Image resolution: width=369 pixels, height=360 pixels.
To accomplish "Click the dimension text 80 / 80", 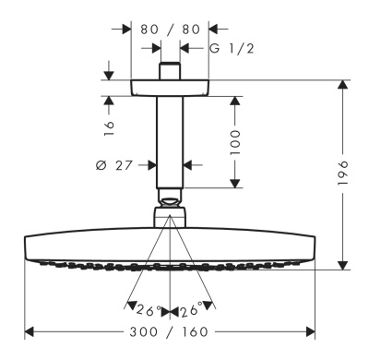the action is tap(170, 30).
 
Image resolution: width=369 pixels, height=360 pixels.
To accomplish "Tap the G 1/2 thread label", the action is tap(232, 48).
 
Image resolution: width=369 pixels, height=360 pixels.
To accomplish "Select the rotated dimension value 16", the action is tap(109, 128).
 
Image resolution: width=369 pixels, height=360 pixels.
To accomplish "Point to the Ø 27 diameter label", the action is tap(113, 165).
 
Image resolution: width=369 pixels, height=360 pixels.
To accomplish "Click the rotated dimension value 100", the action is tap(235, 142).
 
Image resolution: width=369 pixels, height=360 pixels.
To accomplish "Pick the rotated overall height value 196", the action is tap(342, 173).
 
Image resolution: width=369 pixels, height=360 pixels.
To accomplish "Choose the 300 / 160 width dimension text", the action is tap(169, 331).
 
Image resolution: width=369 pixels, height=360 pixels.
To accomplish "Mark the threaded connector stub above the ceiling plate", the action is tap(170, 71).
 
